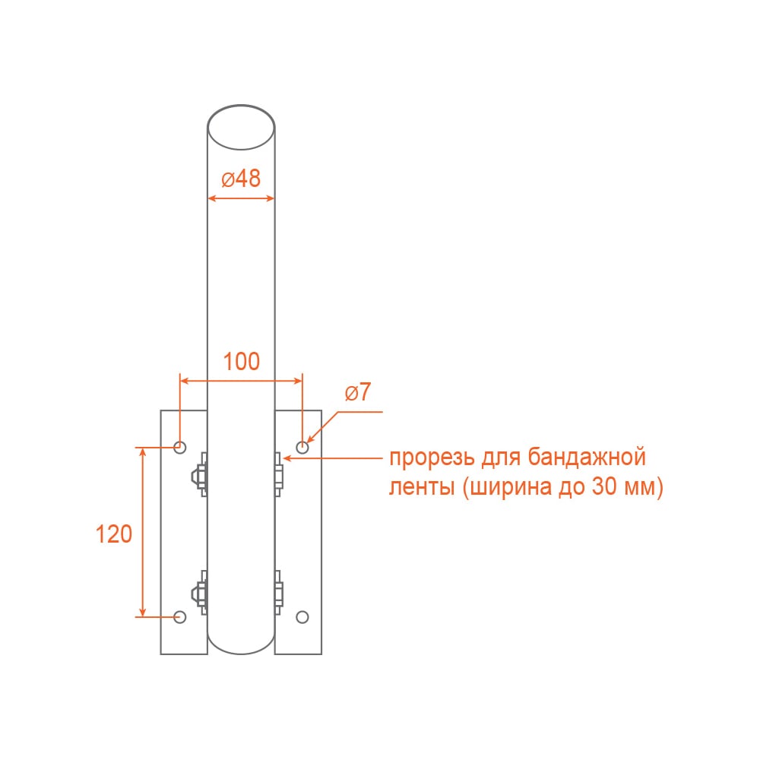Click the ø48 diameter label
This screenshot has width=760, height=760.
(x=241, y=179)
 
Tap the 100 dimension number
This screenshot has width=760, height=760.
(x=242, y=362)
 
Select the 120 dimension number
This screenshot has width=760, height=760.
(x=114, y=534)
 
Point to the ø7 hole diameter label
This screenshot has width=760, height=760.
(x=358, y=391)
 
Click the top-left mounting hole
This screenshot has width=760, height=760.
(x=180, y=447)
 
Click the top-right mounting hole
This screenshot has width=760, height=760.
(x=302, y=447)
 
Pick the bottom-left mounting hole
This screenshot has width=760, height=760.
(x=180, y=617)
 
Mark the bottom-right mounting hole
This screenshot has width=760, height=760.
(x=302, y=617)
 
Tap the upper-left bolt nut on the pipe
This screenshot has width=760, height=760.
(x=198, y=475)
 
